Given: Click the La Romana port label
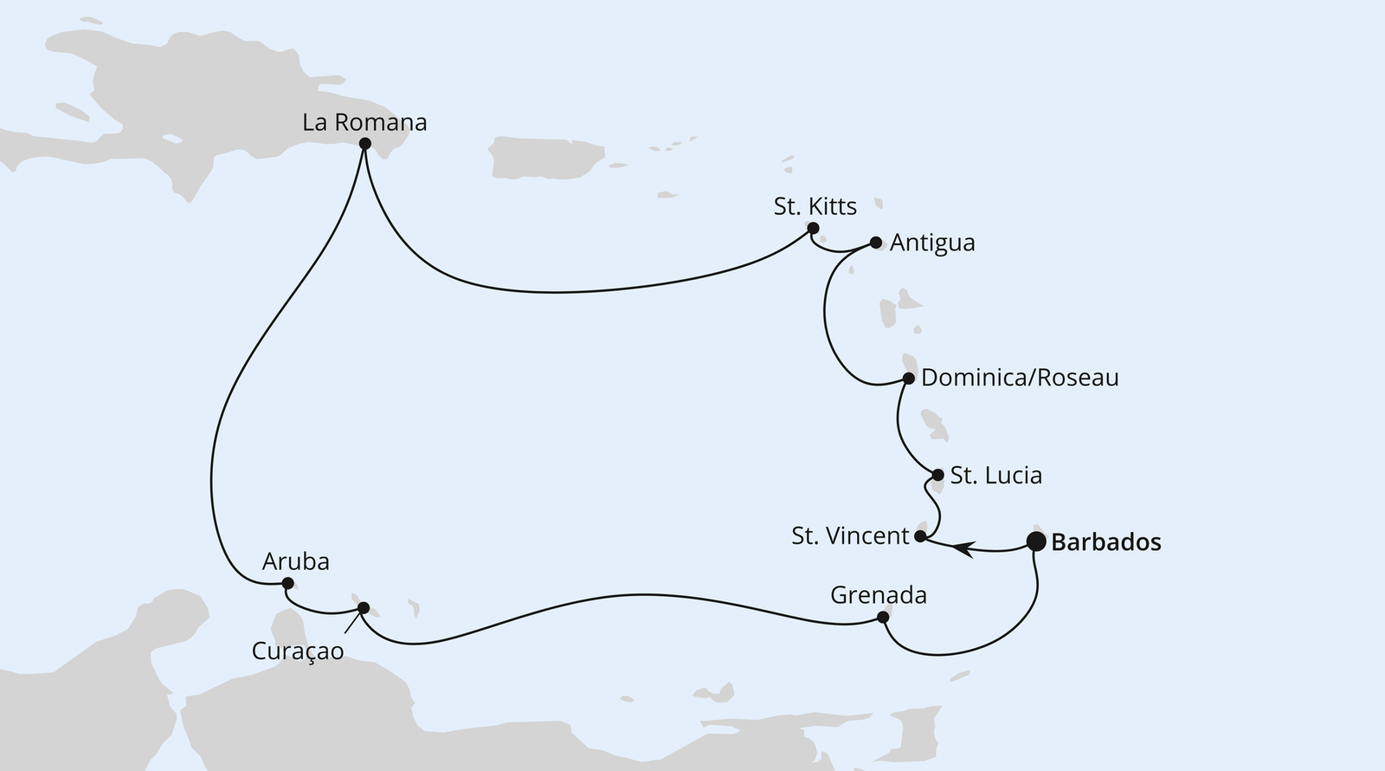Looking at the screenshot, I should (364, 122).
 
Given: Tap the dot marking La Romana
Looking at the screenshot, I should (364, 144).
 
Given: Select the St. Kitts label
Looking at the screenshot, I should (815, 206).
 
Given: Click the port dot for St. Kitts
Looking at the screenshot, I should (813, 229).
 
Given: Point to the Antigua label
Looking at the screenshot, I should (932, 243).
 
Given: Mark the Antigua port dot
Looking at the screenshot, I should (875, 243).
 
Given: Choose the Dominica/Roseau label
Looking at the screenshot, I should (1020, 378).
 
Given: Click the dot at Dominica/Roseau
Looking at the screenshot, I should (908, 379).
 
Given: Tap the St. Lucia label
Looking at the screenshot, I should (995, 476).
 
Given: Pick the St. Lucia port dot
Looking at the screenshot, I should (937, 475).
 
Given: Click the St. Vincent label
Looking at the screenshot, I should (850, 536).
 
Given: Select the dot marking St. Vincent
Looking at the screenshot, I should (920, 537).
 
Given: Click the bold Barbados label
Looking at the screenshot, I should (1105, 543).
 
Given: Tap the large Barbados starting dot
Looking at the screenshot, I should (1035, 541).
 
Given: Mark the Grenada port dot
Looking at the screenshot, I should (883, 618).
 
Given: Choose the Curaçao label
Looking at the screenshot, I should (298, 651).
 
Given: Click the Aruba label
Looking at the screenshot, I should (295, 562).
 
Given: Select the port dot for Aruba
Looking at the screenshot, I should (288, 583).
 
